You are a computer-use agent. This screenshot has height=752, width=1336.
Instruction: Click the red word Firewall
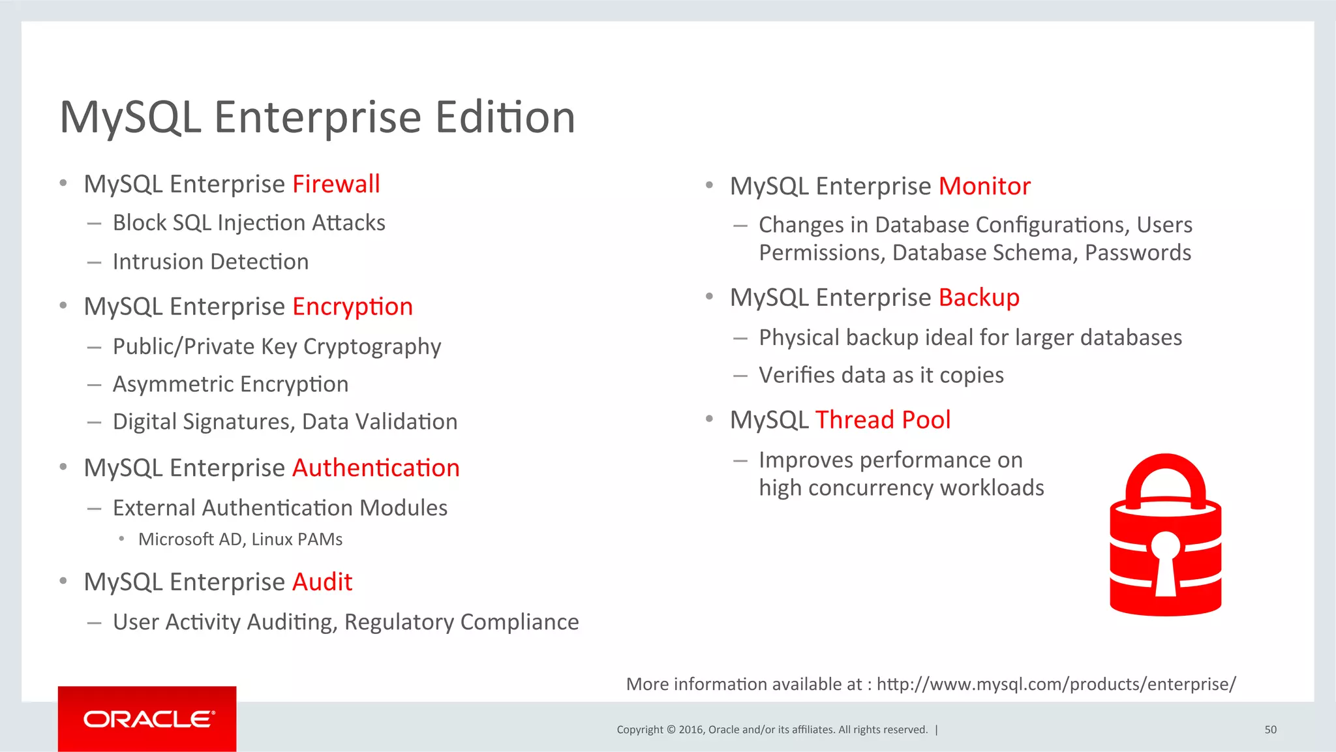[336, 185]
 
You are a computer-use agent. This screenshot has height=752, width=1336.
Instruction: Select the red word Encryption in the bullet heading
[352, 307]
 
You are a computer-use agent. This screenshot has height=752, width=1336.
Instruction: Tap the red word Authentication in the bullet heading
[376, 468]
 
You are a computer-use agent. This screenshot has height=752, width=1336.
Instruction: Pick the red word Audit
[322, 582]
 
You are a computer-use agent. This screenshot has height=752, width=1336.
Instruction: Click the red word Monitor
[984, 187]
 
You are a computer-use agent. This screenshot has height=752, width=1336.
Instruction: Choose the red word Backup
[979, 298]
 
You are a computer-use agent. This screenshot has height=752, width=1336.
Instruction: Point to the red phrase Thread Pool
[883, 420]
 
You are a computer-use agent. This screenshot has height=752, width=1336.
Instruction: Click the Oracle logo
[148, 719]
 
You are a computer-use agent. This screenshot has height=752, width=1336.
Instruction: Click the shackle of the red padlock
[1166, 473]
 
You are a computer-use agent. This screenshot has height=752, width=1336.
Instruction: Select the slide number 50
[1270, 730]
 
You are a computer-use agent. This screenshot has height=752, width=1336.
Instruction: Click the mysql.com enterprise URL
[1055, 684]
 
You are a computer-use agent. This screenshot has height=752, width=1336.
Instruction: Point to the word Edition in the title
[505, 118]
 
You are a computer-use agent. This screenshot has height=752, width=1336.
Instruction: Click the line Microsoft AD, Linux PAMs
[240, 539]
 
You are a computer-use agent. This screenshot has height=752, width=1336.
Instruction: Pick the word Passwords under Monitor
[1138, 253]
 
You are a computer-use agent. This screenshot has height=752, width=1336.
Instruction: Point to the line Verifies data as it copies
[881, 376]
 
